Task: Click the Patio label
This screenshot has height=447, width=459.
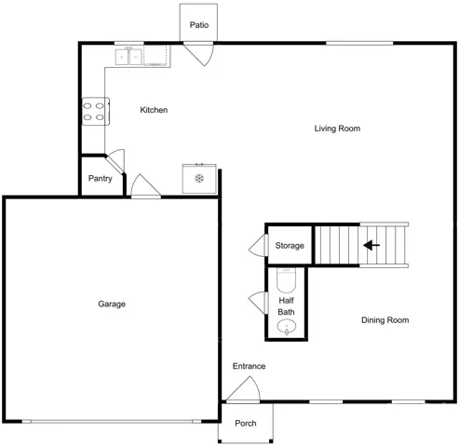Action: click(x=199, y=25)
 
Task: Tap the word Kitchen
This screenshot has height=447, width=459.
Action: click(x=154, y=110)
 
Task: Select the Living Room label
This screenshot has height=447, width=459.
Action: click(x=337, y=129)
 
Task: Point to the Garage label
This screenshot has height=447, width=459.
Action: click(x=112, y=304)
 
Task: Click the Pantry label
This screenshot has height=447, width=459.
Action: click(x=100, y=179)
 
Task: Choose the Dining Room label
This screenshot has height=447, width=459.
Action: click(x=385, y=320)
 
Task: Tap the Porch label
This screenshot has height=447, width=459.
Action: click(x=246, y=423)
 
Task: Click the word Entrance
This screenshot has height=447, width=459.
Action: click(x=249, y=366)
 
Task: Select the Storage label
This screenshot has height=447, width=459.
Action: click(x=290, y=246)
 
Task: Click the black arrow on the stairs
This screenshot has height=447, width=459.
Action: click(x=371, y=245)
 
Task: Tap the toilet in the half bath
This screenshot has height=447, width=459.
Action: click(x=286, y=280)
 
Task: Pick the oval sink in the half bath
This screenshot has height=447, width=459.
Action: click(x=287, y=327)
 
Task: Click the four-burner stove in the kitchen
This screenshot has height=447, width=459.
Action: click(x=96, y=112)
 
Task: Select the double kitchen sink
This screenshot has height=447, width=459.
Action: click(x=128, y=57)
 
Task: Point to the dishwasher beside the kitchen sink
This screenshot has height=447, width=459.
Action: click(x=156, y=56)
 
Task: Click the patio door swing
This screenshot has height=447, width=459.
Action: click(x=198, y=55)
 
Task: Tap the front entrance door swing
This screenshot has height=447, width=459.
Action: click(x=243, y=388)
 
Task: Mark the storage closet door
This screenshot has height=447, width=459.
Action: click(x=259, y=245)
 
